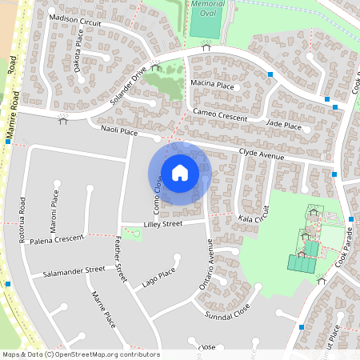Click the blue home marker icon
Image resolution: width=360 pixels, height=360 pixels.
point(180,173)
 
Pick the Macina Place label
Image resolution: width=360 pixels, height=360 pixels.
point(212,84)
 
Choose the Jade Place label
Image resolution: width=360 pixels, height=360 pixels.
point(284,125)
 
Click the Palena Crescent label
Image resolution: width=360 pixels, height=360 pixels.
point(57,239)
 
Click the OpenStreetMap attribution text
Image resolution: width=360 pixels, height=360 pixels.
point(81,354)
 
